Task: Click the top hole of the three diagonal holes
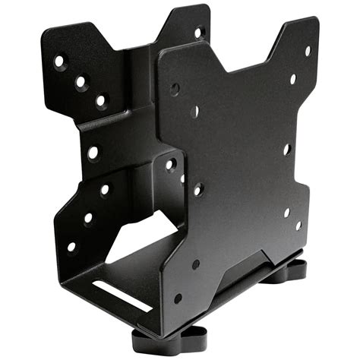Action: [59, 62]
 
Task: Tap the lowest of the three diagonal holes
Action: [99, 99]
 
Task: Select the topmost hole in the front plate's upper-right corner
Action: [308, 52]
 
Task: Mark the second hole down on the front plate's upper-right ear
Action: [293, 78]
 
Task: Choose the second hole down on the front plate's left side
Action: [195, 111]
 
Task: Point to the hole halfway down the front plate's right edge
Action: [286, 150]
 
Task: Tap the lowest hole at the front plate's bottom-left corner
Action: [177, 298]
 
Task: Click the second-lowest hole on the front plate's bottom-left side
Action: [196, 264]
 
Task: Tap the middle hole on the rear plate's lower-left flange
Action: [88, 218]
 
